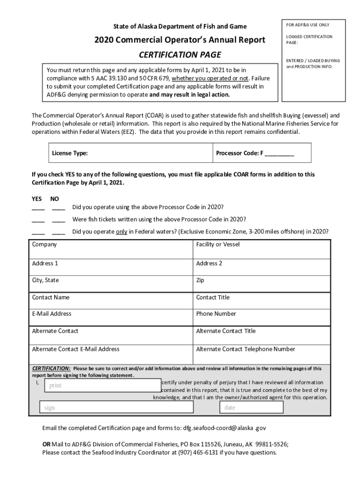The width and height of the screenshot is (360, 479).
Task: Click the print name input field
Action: (101, 385)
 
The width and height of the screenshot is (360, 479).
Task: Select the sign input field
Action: (116, 407)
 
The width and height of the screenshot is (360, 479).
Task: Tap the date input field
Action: (252, 407)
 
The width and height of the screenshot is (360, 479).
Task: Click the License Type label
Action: (70, 153)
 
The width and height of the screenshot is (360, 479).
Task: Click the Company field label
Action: (44, 245)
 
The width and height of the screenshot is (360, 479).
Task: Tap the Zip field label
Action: (200, 281)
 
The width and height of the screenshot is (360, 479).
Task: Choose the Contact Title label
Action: (213, 298)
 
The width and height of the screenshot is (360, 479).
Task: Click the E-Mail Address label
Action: (51, 314)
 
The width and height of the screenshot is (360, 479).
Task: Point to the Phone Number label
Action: (216, 314)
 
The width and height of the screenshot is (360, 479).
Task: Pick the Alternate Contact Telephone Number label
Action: (245, 349)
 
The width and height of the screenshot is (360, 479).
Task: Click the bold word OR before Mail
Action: (46, 444)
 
